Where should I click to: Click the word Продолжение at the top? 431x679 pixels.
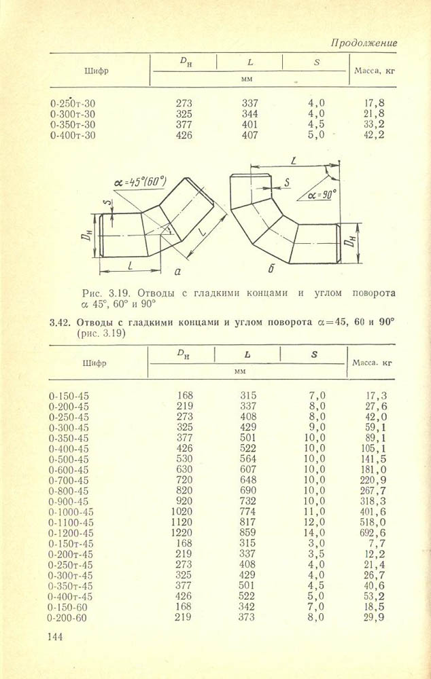click(364, 43)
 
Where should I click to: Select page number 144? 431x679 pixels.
click(54, 636)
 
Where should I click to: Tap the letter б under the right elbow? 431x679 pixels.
click(270, 270)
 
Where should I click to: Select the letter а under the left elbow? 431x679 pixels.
click(177, 272)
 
